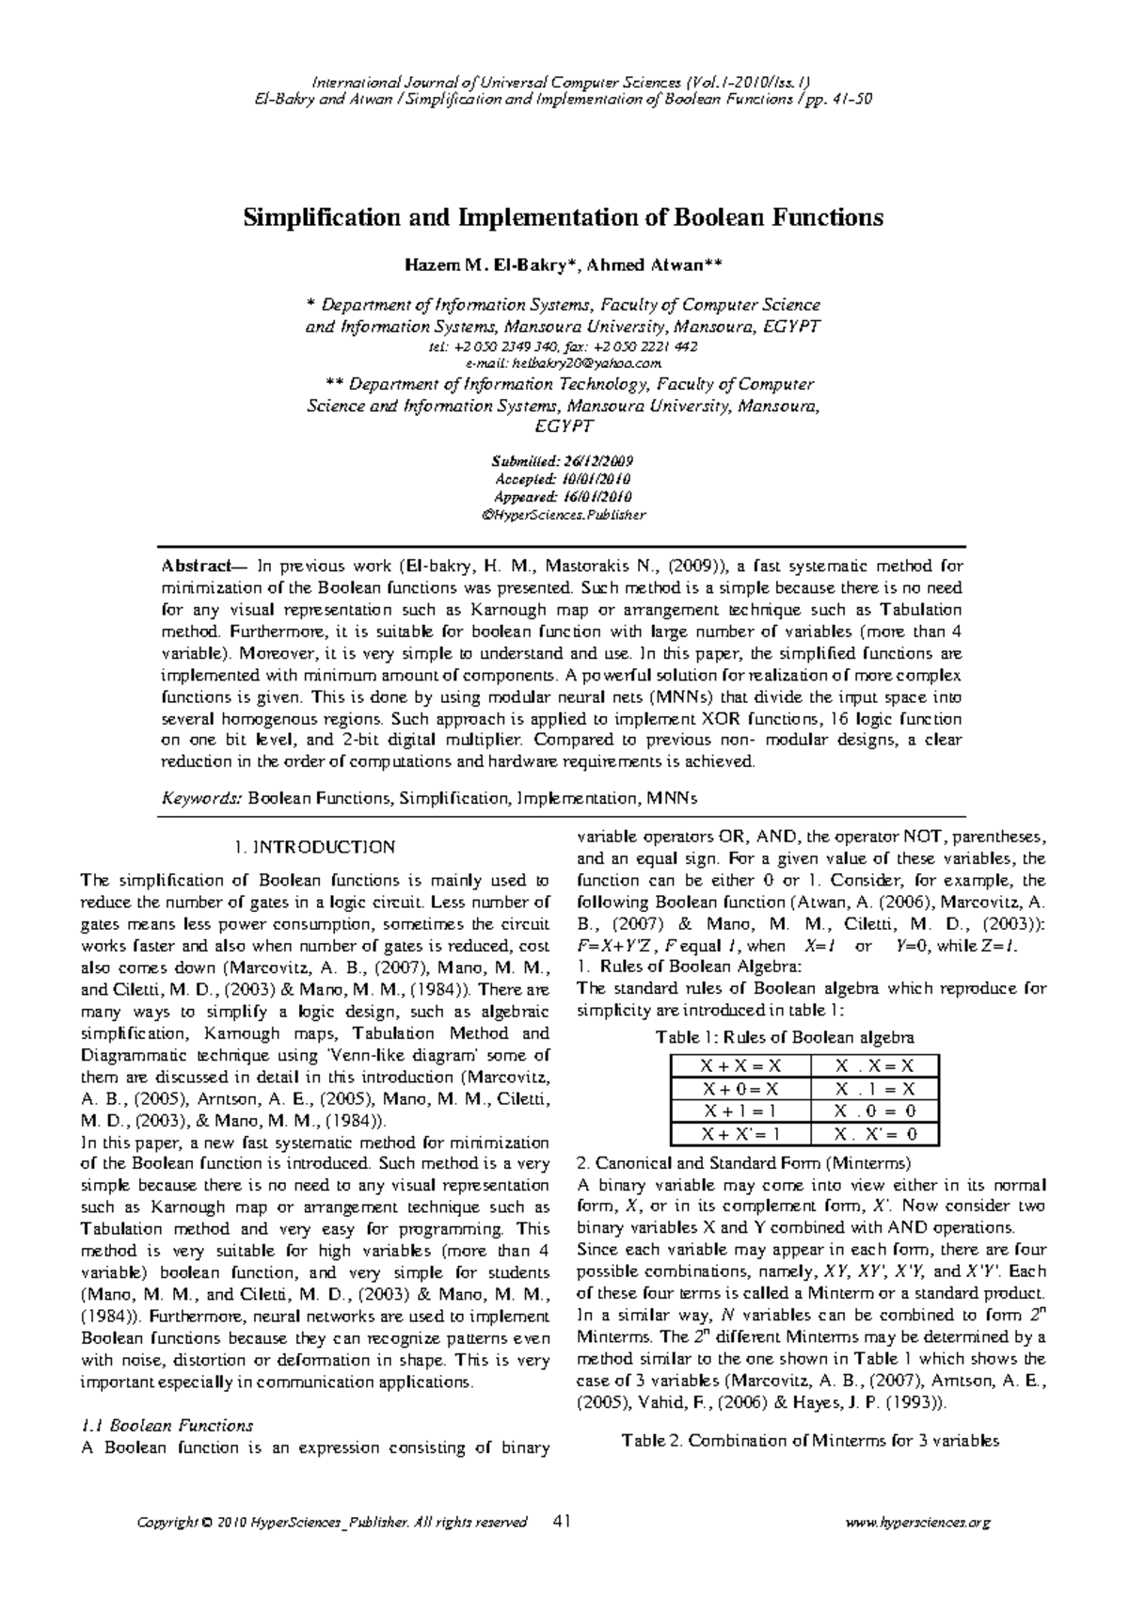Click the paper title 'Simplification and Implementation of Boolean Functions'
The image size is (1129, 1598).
point(564,218)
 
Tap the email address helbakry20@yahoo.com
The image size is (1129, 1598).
point(564,362)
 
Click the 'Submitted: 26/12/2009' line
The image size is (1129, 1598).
point(563,462)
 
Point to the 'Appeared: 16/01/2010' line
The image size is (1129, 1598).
point(563,497)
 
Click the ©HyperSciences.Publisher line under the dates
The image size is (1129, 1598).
point(563,515)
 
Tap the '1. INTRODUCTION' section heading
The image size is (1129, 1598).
point(314,847)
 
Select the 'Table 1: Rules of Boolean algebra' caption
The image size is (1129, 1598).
point(785,1037)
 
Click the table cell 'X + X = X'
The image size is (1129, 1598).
point(741,1066)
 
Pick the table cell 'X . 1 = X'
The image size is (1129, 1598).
point(874,1089)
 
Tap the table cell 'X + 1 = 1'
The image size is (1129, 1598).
point(741,1111)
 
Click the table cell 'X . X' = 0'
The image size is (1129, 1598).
point(874,1134)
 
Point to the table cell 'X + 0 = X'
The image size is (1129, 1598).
point(741,1089)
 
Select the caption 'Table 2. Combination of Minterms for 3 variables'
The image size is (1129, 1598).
point(810,1441)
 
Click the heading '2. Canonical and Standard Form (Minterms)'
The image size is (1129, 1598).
point(742,1163)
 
